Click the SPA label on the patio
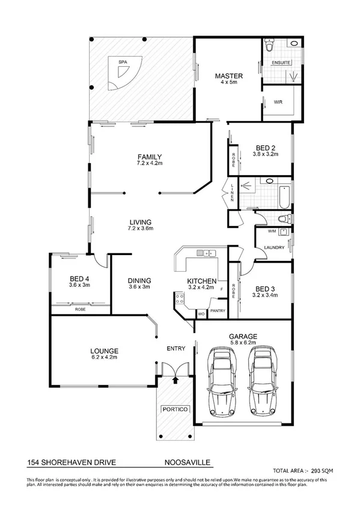click(123, 62)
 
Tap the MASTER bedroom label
click(229, 76)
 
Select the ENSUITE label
click(281, 62)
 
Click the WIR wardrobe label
click(278, 102)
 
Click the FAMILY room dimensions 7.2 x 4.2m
click(150, 164)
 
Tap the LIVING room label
click(139, 221)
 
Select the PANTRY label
click(218, 311)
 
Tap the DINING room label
click(139, 280)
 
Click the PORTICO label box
click(175, 410)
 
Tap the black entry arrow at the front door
click(175, 379)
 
